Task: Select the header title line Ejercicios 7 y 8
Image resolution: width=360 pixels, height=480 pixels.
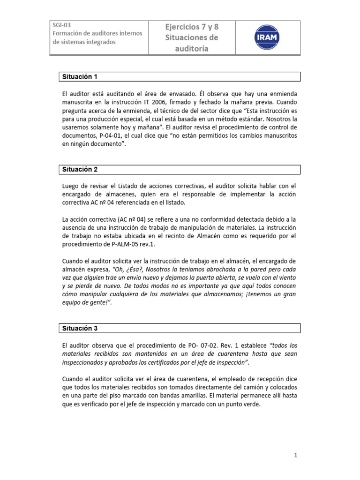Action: pos(191,27)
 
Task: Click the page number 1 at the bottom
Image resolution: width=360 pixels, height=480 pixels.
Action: pos(296,455)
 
